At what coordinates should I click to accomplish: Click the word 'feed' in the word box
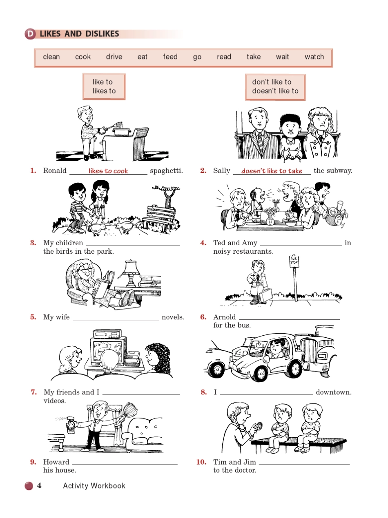[x=170, y=57]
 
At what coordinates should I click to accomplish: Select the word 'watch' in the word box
[x=314, y=57]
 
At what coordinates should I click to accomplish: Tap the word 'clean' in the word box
[x=51, y=57]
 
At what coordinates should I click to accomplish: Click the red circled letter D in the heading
[x=30, y=34]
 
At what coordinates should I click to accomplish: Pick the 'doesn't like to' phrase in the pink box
[x=275, y=91]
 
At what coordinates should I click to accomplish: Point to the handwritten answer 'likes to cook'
[x=108, y=171]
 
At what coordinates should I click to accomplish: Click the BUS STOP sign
[x=294, y=261]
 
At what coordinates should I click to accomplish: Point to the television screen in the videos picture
[x=107, y=350]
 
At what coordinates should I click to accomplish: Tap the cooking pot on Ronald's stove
[x=121, y=131]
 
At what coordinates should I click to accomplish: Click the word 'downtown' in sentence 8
[x=334, y=392]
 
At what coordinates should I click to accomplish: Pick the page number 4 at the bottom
[x=39, y=485]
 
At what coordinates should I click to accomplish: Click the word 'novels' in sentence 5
[x=173, y=317]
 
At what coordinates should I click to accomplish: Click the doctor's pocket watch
[x=259, y=425]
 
